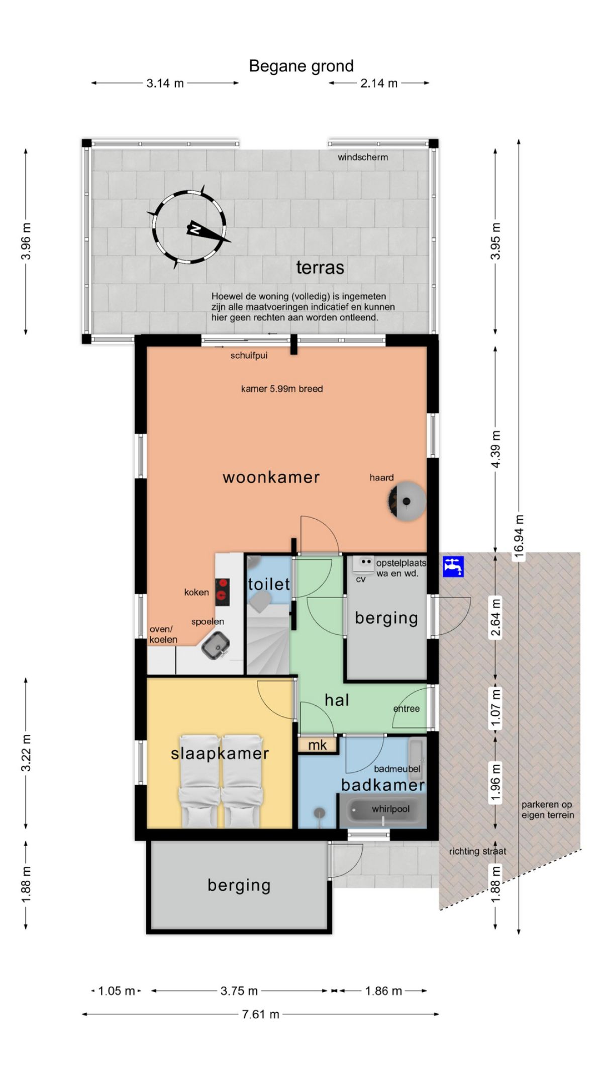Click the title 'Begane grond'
[301, 66]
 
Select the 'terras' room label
[320, 267]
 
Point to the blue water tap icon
[453, 566]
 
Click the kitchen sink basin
[216, 644]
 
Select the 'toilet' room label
[269, 584]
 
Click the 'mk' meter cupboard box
[317, 745]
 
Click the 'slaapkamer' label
[220, 753]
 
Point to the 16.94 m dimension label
[519, 537]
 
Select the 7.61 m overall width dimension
[260, 1014]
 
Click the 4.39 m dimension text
[496, 449]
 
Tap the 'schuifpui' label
[249, 356]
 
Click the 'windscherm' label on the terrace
[363, 157]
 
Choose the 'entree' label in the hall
[406, 709]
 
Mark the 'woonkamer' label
[271, 477]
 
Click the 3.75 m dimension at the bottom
[239, 991]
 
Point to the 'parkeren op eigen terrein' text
[548, 809]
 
